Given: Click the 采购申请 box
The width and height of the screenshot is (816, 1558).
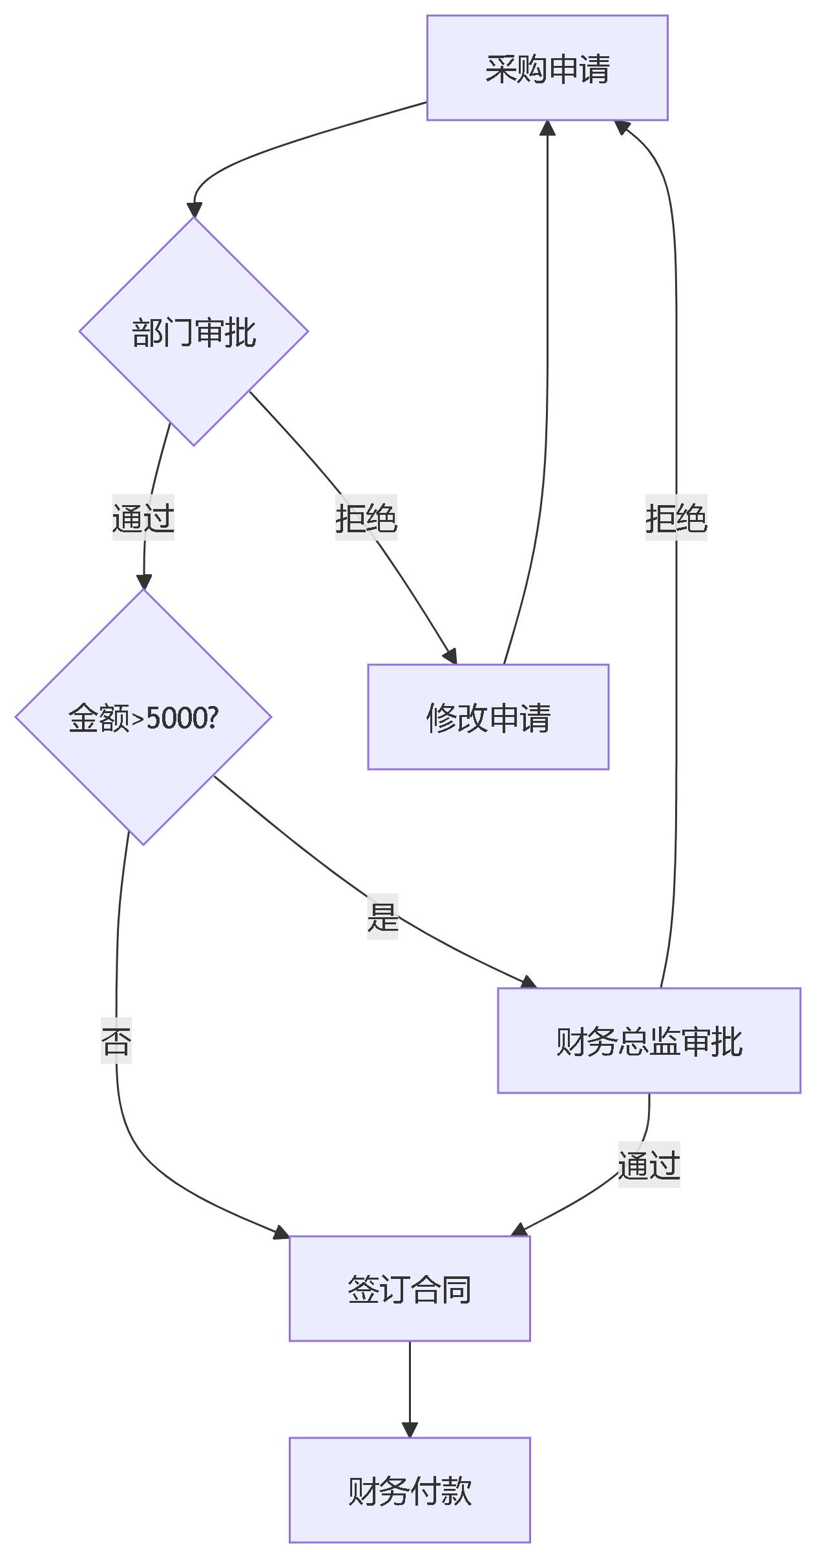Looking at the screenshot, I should pyautogui.click(x=547, y=68).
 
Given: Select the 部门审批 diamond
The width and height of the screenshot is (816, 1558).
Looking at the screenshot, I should pyautogui.click(x=194, y=331).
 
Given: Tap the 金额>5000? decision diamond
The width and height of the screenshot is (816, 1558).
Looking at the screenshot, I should pyautogui.click(x=143, y=717).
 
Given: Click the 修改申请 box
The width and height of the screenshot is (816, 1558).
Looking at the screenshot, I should pyautogui.click(x=488, y=717).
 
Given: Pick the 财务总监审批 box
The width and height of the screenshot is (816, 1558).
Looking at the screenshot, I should pyautogui.click(x=649, y=1041).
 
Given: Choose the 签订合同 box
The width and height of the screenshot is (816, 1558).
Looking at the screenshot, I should pyautogui.click(x=410, y=1289).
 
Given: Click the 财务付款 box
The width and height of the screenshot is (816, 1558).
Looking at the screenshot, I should pyautogui.click(x=410, y=1490).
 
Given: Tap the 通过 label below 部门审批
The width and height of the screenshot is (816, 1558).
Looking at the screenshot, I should pyautogui.click(x=143, y=517).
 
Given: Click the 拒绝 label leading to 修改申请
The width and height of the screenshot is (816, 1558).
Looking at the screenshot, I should pyautogui.click(x=366, y=517).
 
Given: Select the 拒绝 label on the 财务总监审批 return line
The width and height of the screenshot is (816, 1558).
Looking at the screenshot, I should pyautogui.click(x=676, y=517).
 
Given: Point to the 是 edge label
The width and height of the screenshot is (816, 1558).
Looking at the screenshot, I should pyautogui.click(x=382, y=916).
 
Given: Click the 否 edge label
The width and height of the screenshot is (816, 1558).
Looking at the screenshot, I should pyautogui.click(x=116, y=1041).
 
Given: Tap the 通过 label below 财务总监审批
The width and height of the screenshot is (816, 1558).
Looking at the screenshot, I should pyautogui.click(x=649, y=1165).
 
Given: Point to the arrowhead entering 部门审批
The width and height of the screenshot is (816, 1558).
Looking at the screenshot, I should pyautogui.click(x=194, y=211).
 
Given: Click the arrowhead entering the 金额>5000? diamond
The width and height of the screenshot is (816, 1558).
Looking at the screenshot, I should pyautogui.click(x=143, y=581).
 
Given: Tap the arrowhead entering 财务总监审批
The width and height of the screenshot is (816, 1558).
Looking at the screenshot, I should pyautogui.click(x=529, y=982).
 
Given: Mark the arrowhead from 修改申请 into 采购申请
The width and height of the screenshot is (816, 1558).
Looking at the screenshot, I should pyautogui.click(x=547, y=128).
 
